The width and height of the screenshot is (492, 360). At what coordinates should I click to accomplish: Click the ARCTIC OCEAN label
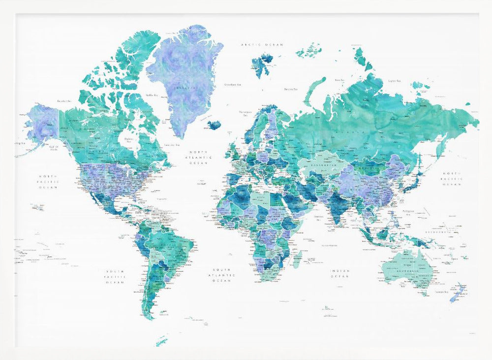262,45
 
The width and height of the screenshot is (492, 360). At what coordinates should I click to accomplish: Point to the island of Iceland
214,125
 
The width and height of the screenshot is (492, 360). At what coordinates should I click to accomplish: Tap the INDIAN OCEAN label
340,273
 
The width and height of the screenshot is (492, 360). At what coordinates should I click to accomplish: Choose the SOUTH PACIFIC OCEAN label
117,277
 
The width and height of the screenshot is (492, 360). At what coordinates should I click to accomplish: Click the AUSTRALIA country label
406,271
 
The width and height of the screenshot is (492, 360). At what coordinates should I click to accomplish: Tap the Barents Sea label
291,89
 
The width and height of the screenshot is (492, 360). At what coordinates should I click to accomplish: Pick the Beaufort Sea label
64,101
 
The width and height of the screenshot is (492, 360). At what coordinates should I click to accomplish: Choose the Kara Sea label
339,79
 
